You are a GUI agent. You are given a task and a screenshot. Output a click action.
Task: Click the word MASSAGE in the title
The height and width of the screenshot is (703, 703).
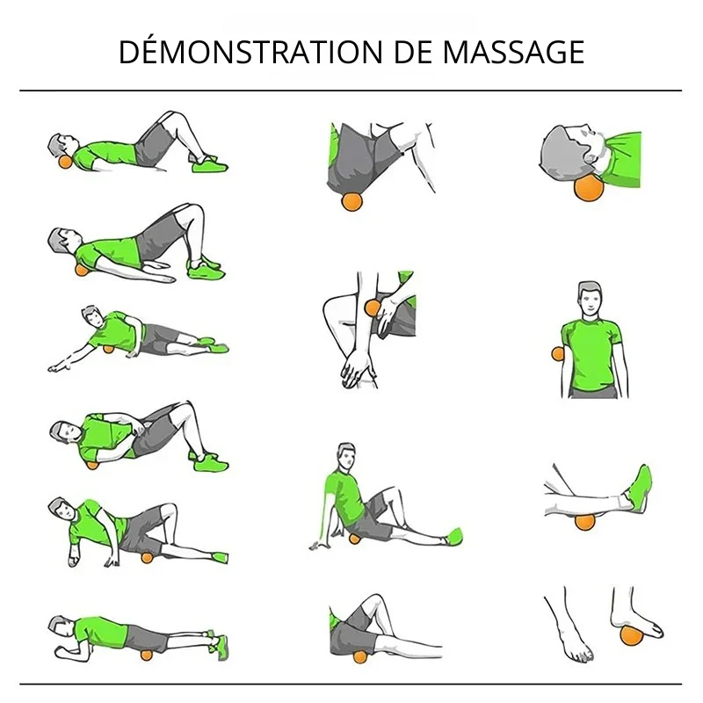pyautogui.click(x=513, y=53)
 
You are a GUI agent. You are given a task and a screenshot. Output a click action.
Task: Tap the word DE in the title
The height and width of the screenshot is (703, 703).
pyautogui.click(x=413, y=53)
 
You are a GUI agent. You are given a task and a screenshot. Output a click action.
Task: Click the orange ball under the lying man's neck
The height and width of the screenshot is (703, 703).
pyautogui.click(x=65, y=162)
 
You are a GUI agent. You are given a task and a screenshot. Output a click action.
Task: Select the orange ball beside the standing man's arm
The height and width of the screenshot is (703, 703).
pyautogui.click(x=557, y=354)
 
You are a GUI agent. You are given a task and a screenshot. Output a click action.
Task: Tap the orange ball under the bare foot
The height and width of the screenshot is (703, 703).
pyautogui.click(x=631, y=635)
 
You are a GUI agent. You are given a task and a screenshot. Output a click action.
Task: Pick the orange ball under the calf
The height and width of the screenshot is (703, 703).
pyautogui.click(x=584, y=521)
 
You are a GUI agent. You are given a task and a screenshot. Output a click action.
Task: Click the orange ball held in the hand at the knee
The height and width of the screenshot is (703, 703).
pyautogui.click(x=373, y=308)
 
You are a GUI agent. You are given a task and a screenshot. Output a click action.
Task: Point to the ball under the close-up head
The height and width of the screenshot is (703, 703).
pyautogui.click(x=589, y=187)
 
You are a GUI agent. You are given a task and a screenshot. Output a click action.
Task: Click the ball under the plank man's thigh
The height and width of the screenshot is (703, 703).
pyautogui.click(x=146, y=655)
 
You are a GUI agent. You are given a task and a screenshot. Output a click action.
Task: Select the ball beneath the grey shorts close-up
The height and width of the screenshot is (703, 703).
pyautogui.click(x=352, y=201)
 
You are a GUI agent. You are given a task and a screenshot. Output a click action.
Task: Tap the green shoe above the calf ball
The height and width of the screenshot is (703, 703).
pyautogui.click(x=640, y=488)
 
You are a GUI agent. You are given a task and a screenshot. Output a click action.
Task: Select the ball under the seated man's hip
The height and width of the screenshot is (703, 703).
pyautogui.click(x=354, y=539)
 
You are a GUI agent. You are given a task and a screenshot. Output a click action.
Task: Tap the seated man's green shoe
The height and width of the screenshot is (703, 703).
pyautogui.click(x=453, y=536)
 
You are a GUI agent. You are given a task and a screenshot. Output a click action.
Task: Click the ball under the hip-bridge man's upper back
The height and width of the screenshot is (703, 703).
pyautogui.click(x=81, y=270)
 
